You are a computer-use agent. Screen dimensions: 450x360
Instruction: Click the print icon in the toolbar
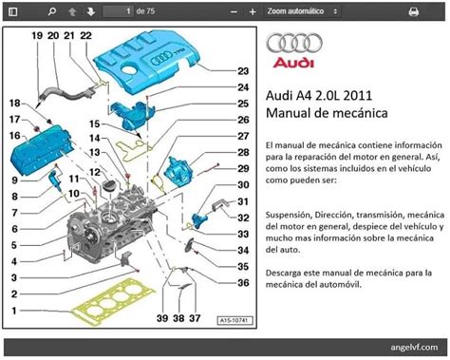click(x=413, y=11)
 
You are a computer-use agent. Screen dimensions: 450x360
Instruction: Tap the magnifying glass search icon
click(x=51, y=11)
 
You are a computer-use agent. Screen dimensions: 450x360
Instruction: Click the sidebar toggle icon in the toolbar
click(x=13, y=11)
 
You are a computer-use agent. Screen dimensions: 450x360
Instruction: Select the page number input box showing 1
click(x=118, y=11)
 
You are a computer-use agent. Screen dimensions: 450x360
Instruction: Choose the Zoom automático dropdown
click(x=302, y=11)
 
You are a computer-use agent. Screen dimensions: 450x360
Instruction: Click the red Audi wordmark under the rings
click(x=293, y=63)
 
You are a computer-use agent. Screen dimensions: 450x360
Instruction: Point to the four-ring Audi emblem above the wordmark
click(x=294, y=43)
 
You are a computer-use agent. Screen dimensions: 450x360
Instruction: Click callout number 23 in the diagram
click(x=243, y=71)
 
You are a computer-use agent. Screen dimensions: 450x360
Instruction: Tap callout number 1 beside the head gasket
click(x=14, y=311)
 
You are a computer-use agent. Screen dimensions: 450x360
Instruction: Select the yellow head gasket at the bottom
click(x=113, y=302)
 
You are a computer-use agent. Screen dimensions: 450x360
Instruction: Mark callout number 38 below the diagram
click(x=178, y=318)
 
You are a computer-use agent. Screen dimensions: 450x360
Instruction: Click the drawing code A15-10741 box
click(x=234, y=320)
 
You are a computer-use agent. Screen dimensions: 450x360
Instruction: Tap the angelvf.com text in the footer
click(x=414, y=347)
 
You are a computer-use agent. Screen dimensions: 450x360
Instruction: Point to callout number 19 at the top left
click(x=37, y=35)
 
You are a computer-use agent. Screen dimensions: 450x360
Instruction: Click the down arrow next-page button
click(x=91, y=11)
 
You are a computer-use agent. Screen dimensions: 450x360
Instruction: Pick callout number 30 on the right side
click(x=243, y=184)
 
